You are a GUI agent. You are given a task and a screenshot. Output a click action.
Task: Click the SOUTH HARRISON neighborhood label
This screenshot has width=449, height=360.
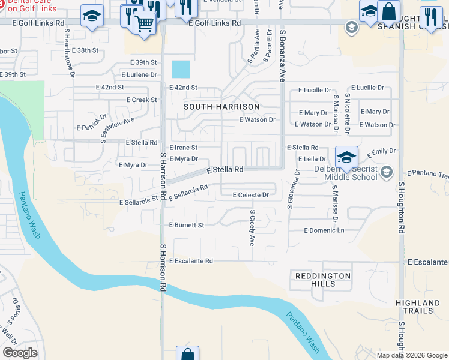(221, 107)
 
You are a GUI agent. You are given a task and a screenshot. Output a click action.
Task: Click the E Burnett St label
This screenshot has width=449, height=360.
(186, 226)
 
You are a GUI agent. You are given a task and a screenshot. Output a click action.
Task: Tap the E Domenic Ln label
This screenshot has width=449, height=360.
(324, 230)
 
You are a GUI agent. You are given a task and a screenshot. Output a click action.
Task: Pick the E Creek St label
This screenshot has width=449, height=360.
(142, 100)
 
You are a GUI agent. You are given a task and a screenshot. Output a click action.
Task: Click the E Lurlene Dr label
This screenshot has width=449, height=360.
(139, 75)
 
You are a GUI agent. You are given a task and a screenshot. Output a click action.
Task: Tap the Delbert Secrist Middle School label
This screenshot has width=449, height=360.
(351, 173)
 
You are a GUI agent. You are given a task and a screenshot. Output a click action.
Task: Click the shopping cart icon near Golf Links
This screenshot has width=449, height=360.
(144, 24)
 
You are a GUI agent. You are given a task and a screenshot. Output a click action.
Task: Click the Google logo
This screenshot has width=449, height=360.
(20, 353)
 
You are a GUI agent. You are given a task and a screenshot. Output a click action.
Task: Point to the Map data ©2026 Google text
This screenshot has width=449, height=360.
(412, 355)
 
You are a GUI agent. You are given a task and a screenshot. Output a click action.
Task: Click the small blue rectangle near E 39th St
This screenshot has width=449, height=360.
(181, 69)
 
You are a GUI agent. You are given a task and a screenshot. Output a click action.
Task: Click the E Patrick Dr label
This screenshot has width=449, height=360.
(91, 122)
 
